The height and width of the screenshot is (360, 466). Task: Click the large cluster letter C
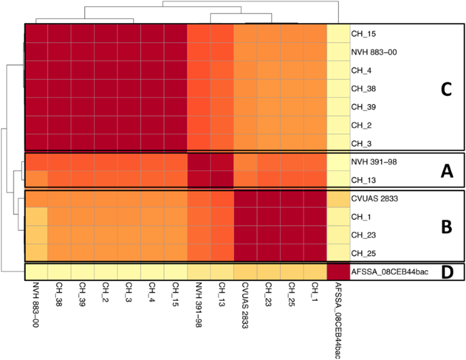click(x=445, y=89)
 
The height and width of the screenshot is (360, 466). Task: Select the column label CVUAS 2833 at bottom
click(x=246, y=306)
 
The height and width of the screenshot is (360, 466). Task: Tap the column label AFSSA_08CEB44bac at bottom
click(x=338, y=317)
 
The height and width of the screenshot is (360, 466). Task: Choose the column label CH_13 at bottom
click(x=222, y=295)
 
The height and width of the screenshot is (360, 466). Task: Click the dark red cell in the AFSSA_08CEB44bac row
click(x=338, y=272)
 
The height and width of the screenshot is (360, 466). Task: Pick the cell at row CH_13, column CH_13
click(x=222, y=180)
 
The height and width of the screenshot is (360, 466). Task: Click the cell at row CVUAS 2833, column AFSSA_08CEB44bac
click(x=338, y=199)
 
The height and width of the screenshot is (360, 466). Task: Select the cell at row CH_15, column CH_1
click(x=315, y=33)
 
